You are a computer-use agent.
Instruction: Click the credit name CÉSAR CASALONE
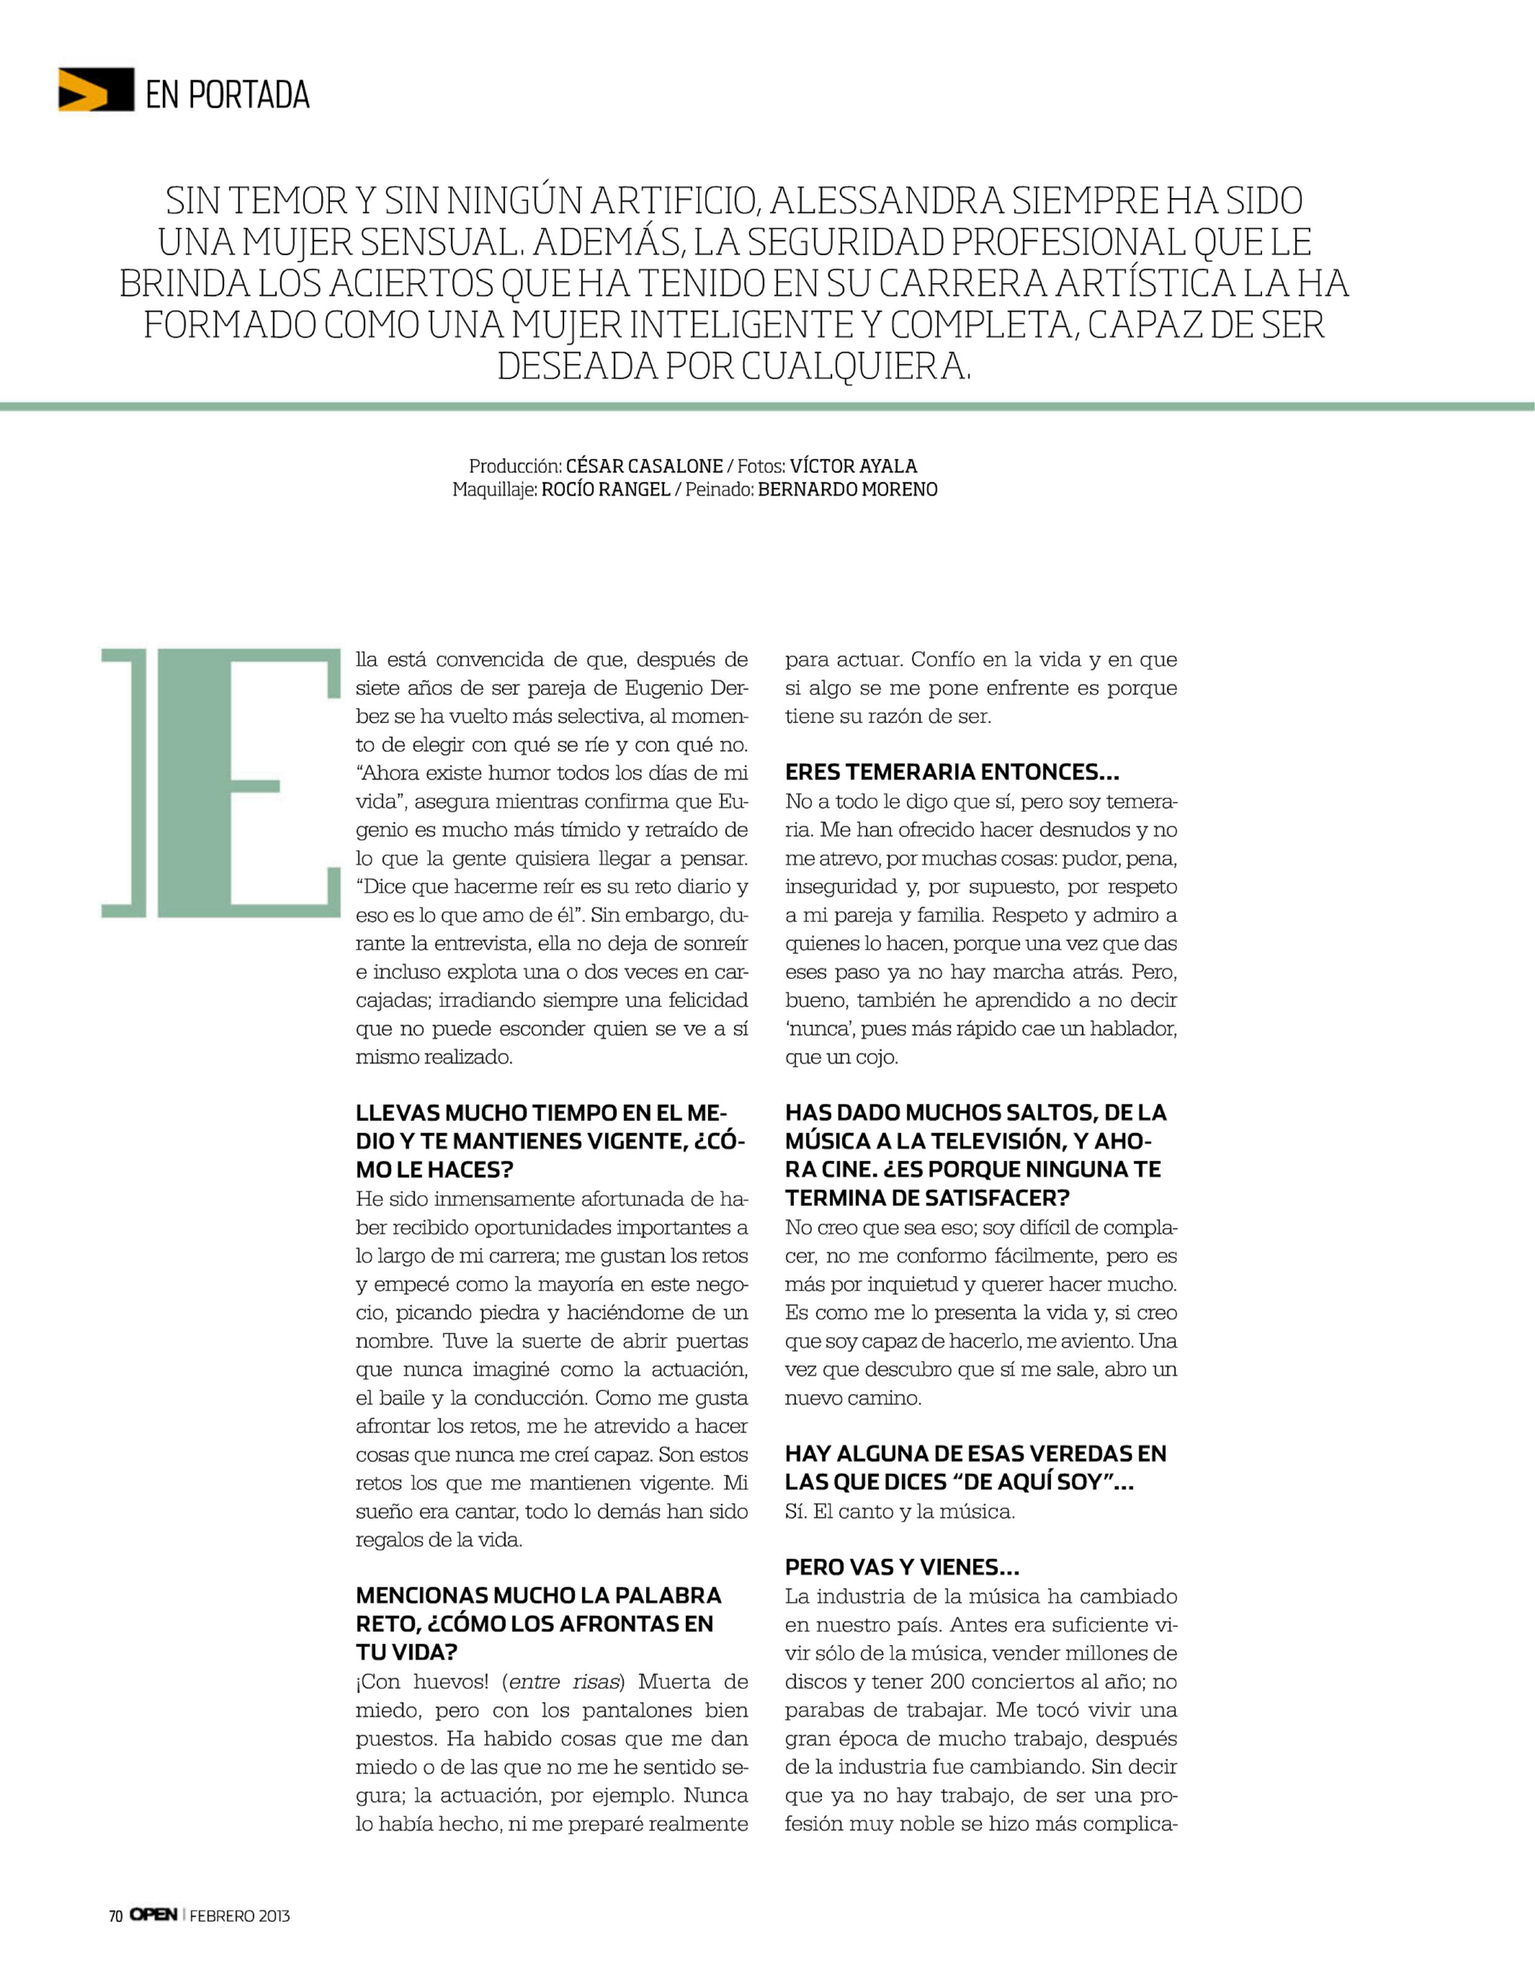[x=644, y=466]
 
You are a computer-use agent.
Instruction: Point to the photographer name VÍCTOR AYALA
[x=853, y=466]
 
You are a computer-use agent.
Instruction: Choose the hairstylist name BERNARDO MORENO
[x=847, y=490]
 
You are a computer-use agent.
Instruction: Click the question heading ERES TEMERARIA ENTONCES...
[x=951, y=772]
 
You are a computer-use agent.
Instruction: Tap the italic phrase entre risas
[x=566, y=1681]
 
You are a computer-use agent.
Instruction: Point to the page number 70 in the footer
[x=116, y=1916]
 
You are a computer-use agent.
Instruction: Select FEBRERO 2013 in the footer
[x=240, y=1916]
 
